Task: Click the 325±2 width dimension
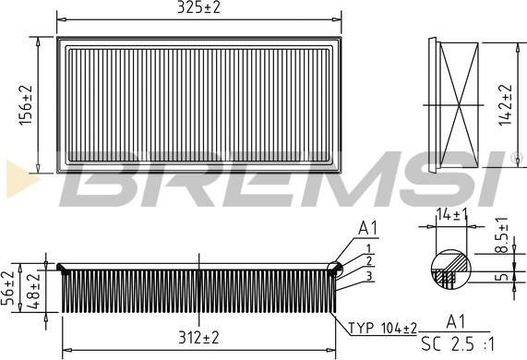(x=199, y=7)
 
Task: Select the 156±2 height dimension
(x=27, y=104)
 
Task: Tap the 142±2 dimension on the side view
(x=504, y=104)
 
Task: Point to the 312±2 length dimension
(x=198, y=338)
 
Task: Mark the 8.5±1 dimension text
(x=502, y=235)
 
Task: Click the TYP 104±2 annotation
(x=382, y=328)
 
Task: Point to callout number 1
(x=368, y=248)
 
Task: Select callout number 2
(x=368, y=262)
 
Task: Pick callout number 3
(x=368, y=276)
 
